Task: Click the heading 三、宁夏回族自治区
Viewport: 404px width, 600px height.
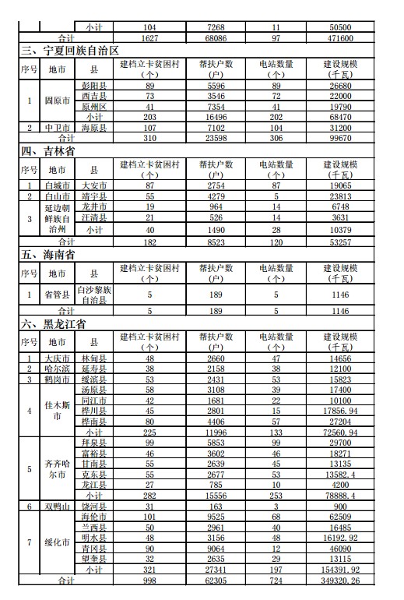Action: tap(70, 51)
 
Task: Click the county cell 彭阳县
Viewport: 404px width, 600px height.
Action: tap(94, 85)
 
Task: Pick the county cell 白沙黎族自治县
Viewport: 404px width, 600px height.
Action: tap(94, 295)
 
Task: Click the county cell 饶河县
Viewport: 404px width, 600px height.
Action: tap(94, 506)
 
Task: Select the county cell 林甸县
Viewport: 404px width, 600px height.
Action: tap(94, 358)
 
